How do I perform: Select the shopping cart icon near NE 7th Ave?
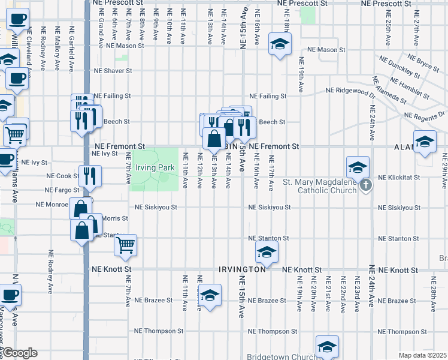[x=125, y=244]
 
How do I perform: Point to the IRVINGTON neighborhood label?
[x=242, y=270]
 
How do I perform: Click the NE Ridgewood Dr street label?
[x=350, y=90]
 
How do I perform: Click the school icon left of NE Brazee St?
[x=210, y=295]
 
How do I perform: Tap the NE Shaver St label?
[x=112, y=71]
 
